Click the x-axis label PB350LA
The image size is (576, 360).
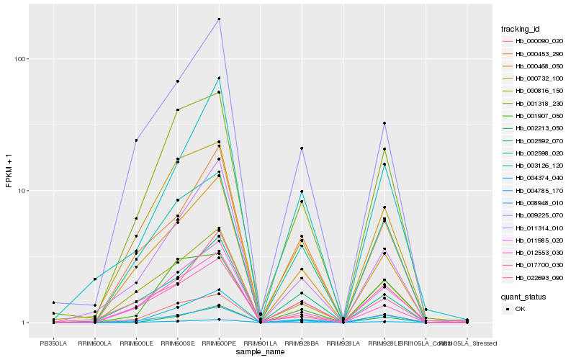point(53,343)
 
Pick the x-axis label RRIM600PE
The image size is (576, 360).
point(219,343)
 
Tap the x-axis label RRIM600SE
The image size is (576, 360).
point(177,343)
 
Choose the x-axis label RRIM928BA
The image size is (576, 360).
point(302,343)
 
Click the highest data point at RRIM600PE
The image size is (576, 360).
point(219,19)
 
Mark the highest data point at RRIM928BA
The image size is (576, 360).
point(302,148)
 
